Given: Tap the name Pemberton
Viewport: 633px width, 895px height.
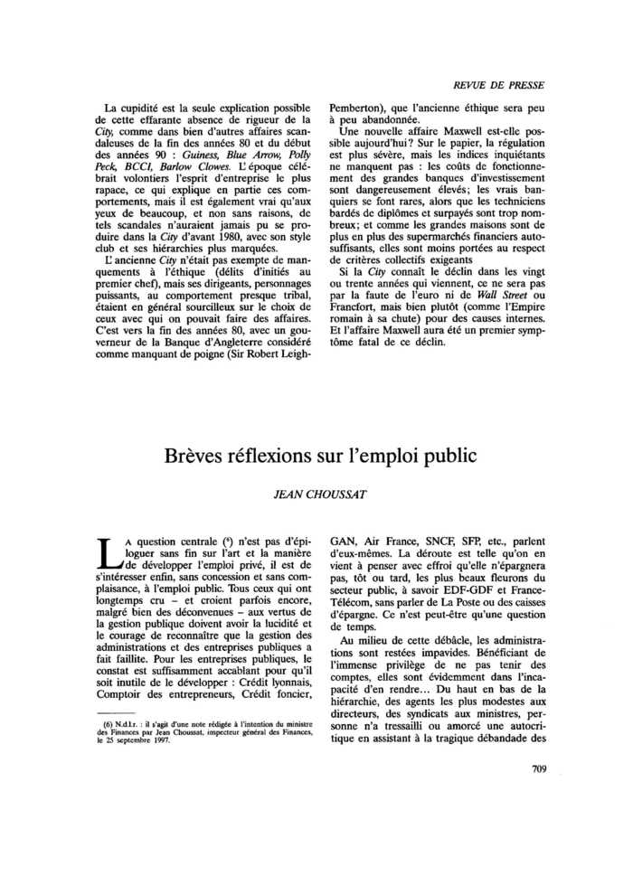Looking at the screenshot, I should [357, 105].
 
